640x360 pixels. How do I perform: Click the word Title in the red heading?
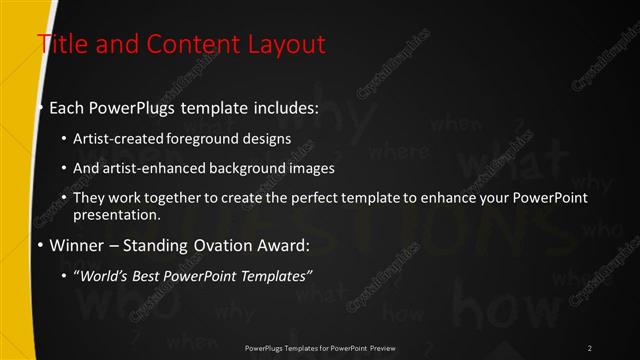tap(60, 45)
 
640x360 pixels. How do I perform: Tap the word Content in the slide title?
tap(190, 45)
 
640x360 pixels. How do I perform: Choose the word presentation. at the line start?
tap(111, 215)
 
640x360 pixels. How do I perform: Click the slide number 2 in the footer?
tap(590, 347)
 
